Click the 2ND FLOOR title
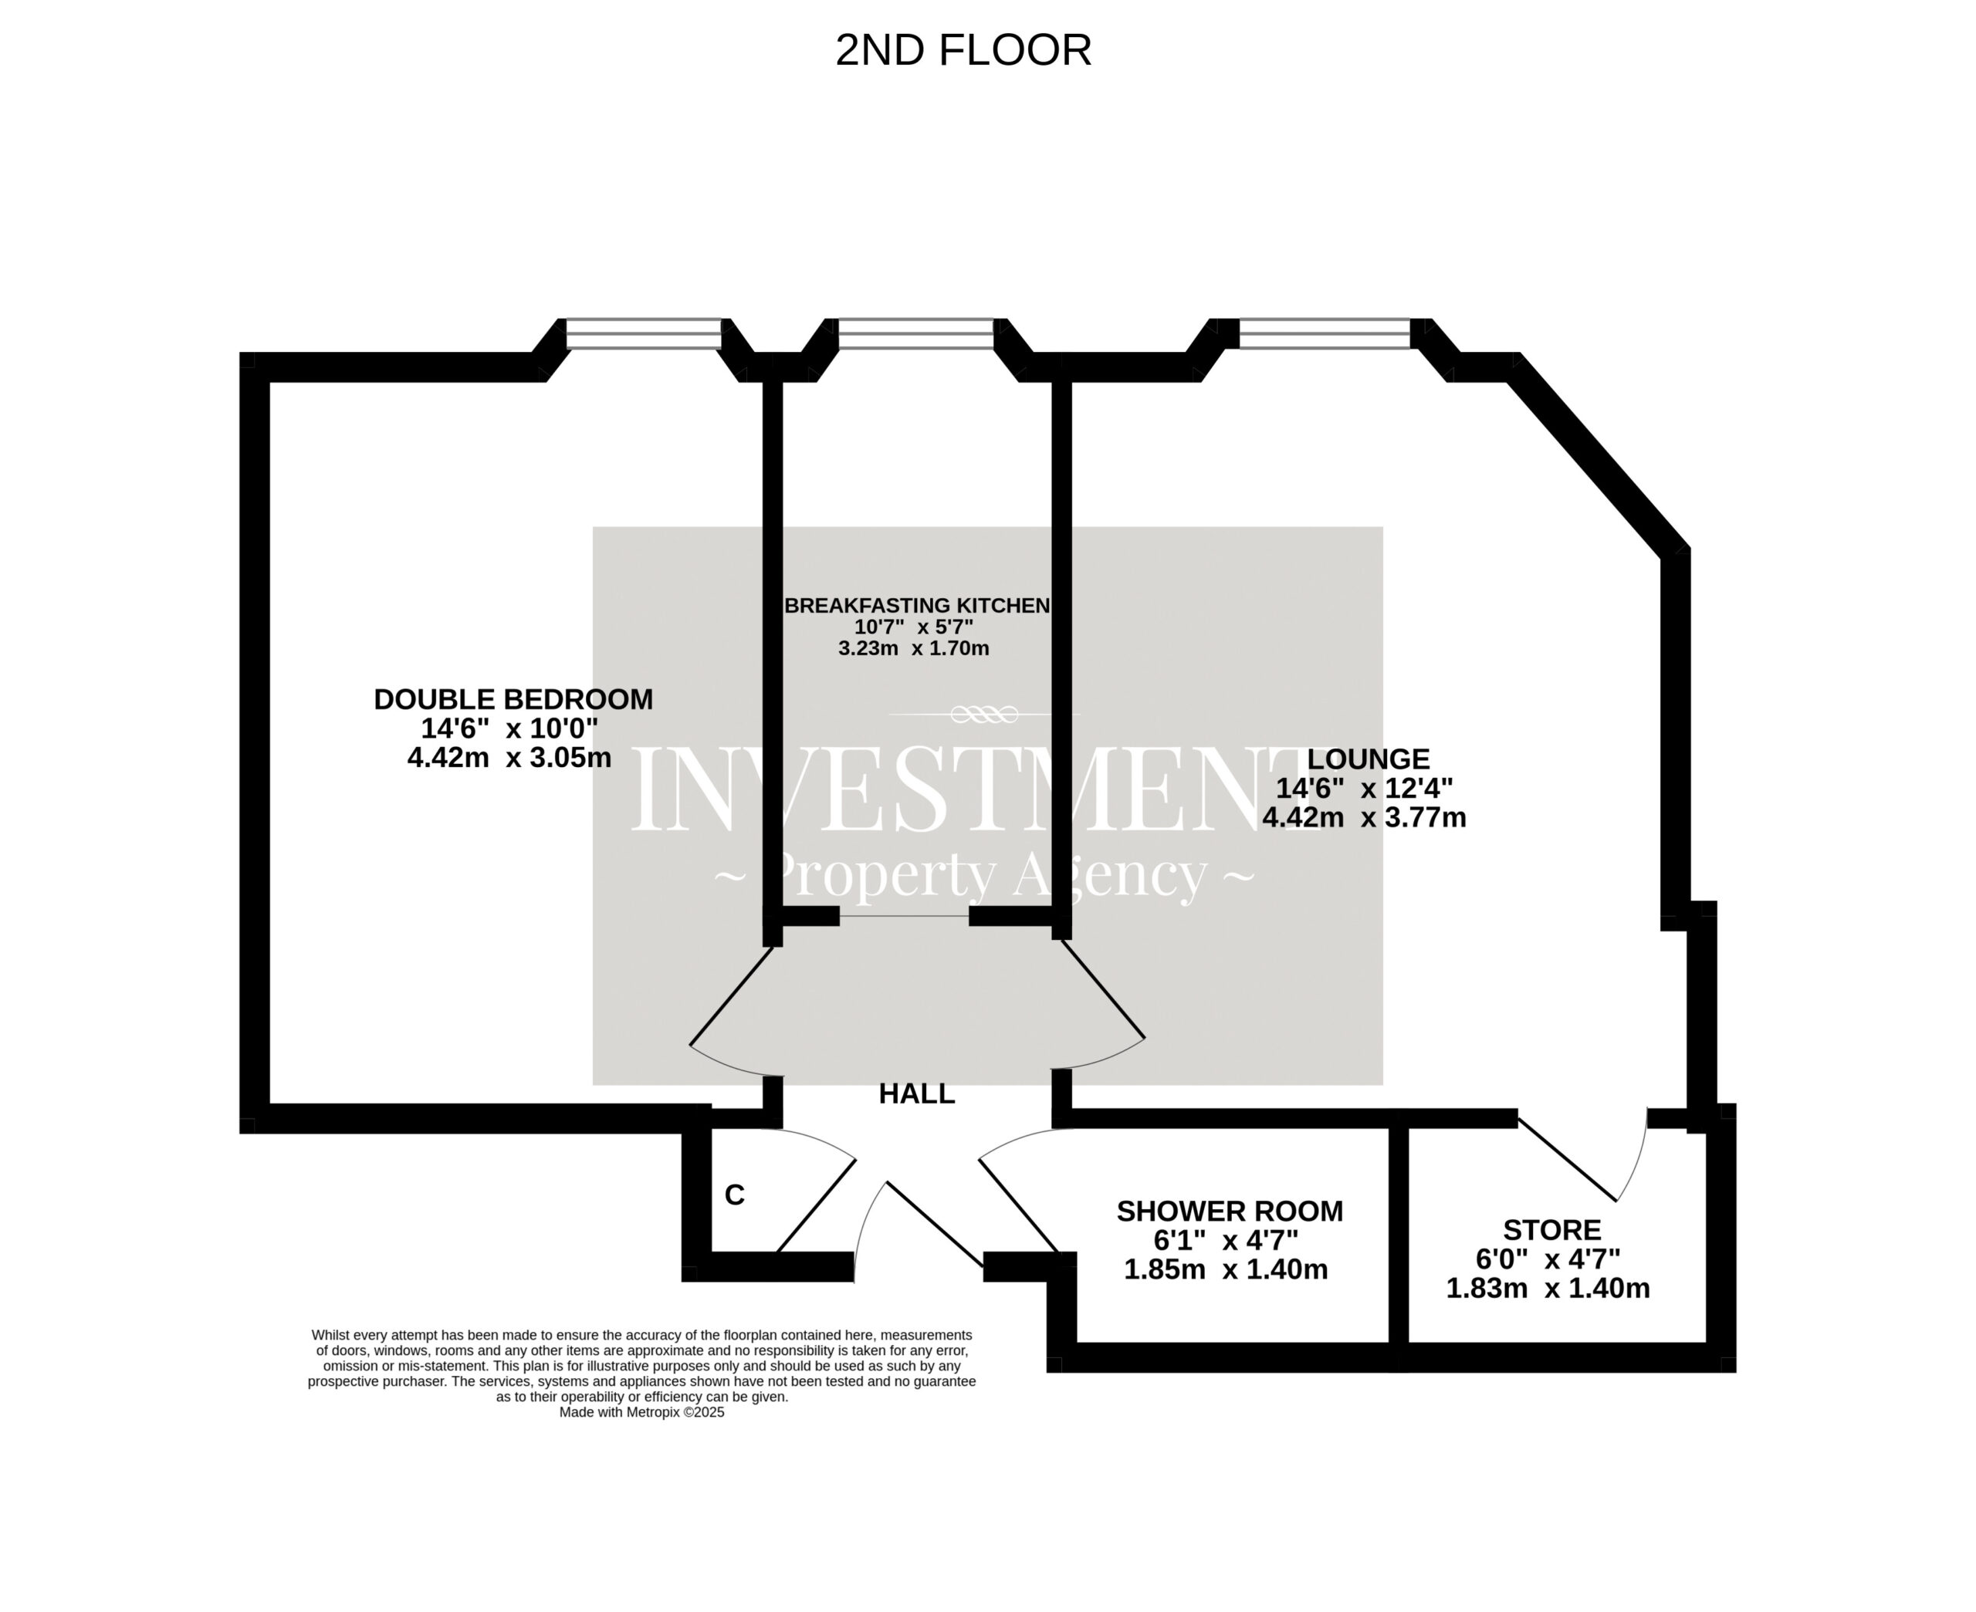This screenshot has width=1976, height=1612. [963, 50]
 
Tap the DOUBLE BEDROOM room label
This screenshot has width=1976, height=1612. [513, 699]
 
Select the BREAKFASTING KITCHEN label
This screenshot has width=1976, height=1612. [918, 606]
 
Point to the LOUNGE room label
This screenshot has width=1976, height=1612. [1368, 759]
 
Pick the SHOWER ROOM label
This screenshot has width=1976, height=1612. [1230, 1211]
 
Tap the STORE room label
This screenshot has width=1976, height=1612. [1551, 1229]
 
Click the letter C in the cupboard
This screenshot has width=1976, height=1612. [735, 1195]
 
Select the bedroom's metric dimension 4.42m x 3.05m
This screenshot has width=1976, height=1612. [509, 758]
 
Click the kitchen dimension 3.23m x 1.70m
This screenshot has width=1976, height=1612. [914, 648]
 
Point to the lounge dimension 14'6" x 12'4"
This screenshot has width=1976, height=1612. [1364, 789]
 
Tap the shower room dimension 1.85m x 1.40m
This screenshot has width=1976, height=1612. [1226, 1269]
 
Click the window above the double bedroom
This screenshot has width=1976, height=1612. [644, 333]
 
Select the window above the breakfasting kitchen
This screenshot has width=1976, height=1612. [915, 333]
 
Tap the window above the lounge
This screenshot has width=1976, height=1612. [1325, 333]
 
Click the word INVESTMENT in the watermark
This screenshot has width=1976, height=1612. [956, 791]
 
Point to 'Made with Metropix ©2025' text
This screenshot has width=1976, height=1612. [641, 1412]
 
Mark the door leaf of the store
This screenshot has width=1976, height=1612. [1568, 1159]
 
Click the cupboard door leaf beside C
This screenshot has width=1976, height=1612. [815, 1206]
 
